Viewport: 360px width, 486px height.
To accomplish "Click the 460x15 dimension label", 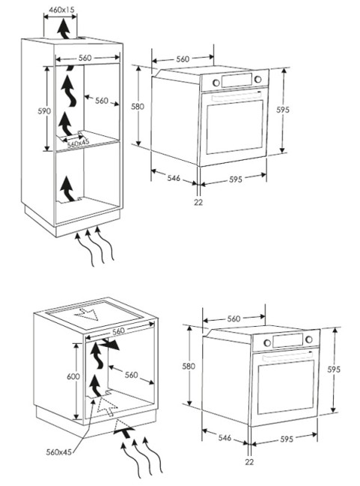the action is [x=62, y=10].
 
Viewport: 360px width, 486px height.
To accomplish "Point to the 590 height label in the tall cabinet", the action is [x=43, y=111].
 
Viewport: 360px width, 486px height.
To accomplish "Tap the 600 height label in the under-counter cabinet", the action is [x=73, y=376].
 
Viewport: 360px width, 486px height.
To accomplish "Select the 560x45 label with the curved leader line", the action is [x=58, y=452].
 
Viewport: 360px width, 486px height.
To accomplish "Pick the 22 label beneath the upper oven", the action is [x=198, y=202].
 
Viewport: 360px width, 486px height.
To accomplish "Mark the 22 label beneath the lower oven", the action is [x=249, y=462].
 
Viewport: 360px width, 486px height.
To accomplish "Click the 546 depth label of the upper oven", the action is [x=174, y=178].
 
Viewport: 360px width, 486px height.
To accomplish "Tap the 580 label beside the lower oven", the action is [x=189, y=366].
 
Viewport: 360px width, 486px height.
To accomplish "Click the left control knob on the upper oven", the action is [x=216, y=83].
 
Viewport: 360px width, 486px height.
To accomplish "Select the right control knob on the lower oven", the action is [x=309, y=339].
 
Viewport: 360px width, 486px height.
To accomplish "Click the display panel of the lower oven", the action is [x=287, y=340].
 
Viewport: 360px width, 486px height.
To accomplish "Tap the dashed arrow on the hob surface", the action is [x=87, y=313].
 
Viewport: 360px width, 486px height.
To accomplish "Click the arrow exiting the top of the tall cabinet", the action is [x=64, y=28].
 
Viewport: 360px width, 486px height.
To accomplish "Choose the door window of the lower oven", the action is [x=285, y=387].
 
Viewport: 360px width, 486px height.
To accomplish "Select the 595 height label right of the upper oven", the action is [x=283, y=109].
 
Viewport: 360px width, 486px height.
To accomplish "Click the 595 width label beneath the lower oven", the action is [x=287, y=439].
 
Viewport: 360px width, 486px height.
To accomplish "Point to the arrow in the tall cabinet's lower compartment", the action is [x=67, y=188].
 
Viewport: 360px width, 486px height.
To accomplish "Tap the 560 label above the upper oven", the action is [x=183, y=59].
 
